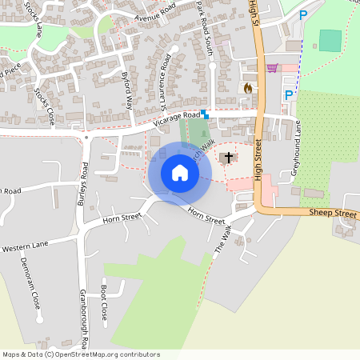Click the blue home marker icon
180,173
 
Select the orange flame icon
248,88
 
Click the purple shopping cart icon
272,68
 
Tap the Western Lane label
26,249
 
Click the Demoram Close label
34,288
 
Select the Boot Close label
103,302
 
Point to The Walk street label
222,238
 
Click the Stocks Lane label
36,22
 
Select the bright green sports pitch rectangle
330,41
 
